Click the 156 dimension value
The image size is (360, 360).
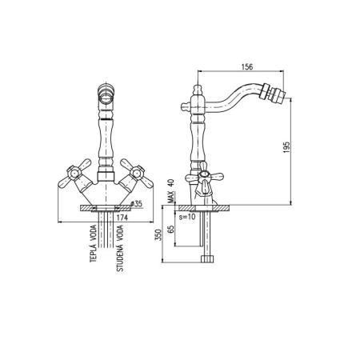tap(247, 66)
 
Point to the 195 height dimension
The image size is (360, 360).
tap(286, 147)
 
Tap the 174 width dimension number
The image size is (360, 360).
tap(122, 218)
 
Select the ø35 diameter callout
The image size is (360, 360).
tap(137, 204)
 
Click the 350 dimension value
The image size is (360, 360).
tap(158, 235)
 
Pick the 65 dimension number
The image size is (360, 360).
tap(171, 229)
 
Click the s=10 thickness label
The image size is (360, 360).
tap(187, 217)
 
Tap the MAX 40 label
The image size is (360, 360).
tap(171, 191)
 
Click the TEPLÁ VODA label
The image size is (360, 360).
tap(93, 243)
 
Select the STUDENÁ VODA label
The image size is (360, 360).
tap(120, 248)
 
